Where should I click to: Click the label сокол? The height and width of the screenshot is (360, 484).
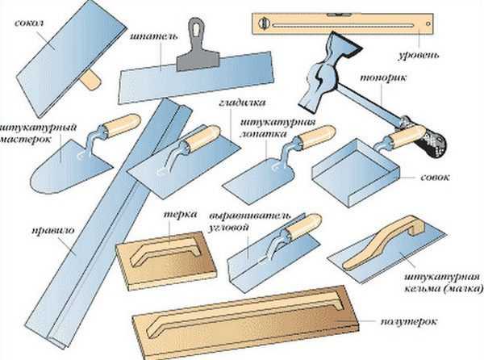point(29,23)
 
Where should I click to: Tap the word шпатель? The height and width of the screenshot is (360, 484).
point(154,37)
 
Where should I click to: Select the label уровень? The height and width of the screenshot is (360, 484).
point(418,55)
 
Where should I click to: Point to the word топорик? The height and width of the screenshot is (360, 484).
point(382,77)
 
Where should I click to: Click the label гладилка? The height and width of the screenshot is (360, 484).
point(242,103)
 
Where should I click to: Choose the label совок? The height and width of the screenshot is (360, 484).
point(435,178)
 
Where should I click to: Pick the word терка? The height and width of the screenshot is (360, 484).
point(180,214)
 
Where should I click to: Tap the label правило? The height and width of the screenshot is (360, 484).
point(53,231)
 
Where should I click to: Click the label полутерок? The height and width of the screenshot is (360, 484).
point(409,322)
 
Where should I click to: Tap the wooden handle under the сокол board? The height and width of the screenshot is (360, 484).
point(90,80)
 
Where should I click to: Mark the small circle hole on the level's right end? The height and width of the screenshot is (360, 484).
point(428,23)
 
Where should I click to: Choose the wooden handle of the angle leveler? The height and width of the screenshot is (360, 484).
point(304,226)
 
